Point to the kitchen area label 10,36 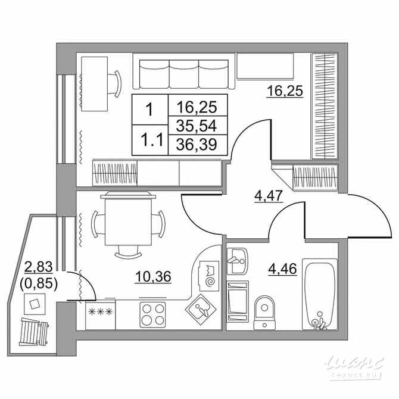(154, 276)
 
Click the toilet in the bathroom (263, 310)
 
